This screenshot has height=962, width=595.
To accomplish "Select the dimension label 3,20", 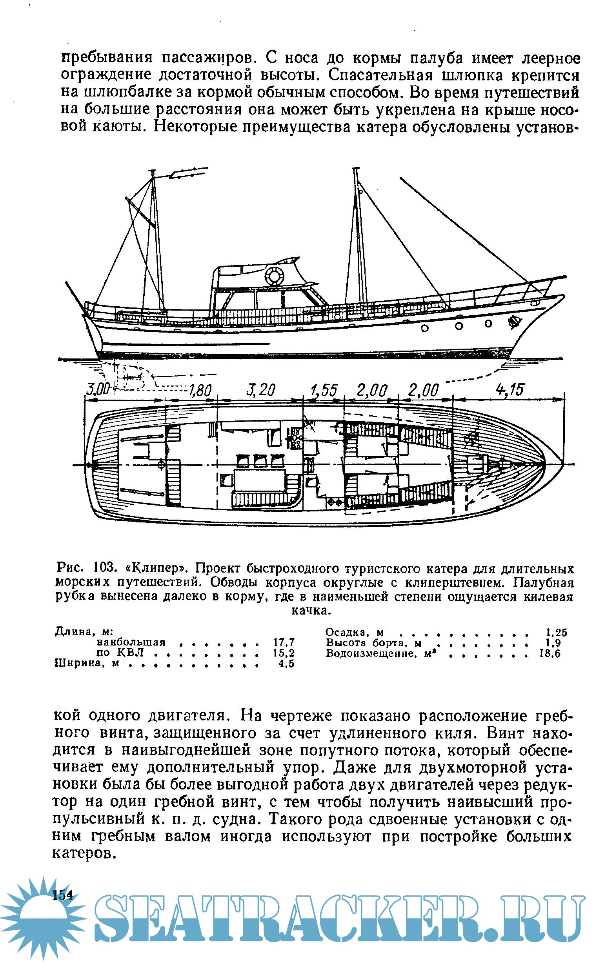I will (x=261, y=390).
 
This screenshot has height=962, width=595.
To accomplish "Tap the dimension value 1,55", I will (x=324, y=390).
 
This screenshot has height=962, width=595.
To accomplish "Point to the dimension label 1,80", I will (x=200, y=391).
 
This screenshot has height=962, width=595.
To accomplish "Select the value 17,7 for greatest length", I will (x=284, y=642).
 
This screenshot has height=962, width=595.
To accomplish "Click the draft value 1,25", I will (x=557, y=633).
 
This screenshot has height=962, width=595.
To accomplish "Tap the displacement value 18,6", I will (x=550, y=653).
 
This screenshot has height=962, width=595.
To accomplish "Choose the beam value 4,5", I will (x=286, y=664).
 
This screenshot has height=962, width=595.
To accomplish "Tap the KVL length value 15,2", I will (x=284, y=653).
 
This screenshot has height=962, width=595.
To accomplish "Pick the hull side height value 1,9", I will (x=559, y=643).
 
